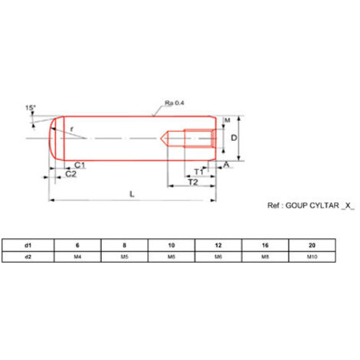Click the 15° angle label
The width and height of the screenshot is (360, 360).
coord(30,108)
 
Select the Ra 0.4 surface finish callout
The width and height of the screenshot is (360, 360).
coord(174,103)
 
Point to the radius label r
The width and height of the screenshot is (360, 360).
coord(72,129)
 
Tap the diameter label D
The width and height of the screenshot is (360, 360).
coord(234,138)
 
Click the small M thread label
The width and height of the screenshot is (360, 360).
coord(227,120)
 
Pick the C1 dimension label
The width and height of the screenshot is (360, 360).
coord(80,165)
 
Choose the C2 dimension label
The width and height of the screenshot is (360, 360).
coord(70,174)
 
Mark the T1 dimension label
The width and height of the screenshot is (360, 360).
coord(199,172)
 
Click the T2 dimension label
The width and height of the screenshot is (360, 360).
coord(193,182)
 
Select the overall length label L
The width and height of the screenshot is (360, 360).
coord(132,195)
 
